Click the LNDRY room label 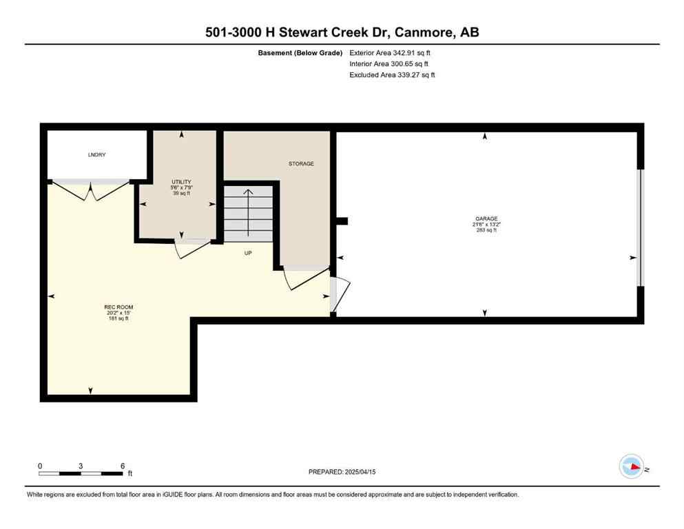(x=96, y=155)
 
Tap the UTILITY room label (x=181, y=182)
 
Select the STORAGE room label (x=301, y=164)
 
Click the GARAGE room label (x=485, y=219)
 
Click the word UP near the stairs (x=248, y=253)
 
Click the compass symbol (x=632, y=466)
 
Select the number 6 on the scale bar (x=123, y=466)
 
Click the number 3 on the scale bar (x=81, y=466)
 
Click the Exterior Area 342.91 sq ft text (x=391, y=52)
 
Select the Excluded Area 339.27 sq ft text (x=393, y=74)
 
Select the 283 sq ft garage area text (x=485, y=230)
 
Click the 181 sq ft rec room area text (x=114, y=318)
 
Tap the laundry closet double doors (x=90, y=190)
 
